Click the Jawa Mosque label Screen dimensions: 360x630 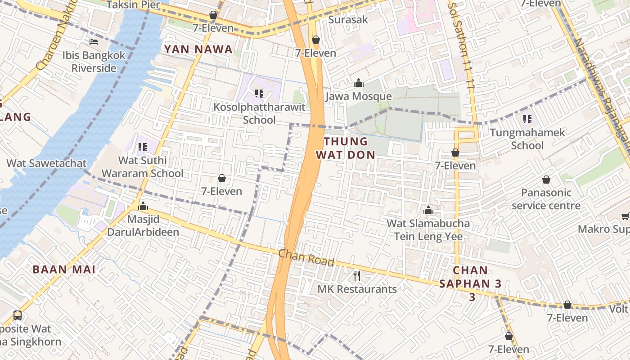pyautogui.click(x=358, y=96)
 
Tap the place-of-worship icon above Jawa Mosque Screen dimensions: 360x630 pyautogui.click(x=358, y=83)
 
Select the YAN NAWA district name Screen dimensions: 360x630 pyautogui.click(x=198, y=49)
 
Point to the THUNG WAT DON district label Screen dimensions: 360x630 pyautogui.click(x=345, y=148)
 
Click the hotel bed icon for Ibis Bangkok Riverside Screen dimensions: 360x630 pyautogui.click(x=94, y=42)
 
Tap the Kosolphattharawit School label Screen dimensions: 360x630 pyautogui.click(x=259, y=113)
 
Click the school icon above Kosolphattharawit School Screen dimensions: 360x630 pyautogui.click(x=259, y=94)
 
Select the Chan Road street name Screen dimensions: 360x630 pyautogui.click(x=306, y=258)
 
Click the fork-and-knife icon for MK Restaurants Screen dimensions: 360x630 pyautogui.click(x=357, y=275)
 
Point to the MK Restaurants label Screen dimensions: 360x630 pyautogui.click(x=357, y=289)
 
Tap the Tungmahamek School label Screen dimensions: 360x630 pyautogui.click(x=527, y=139)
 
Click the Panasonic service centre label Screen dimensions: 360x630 pyautogui.click(x=546, y=199)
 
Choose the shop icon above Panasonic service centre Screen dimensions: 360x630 pyautogui.click(x=546, y=180)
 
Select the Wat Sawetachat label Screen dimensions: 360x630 pyautogui.click(x=46, y=163)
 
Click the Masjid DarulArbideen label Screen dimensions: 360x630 pyautogui.click(x=143, y=226)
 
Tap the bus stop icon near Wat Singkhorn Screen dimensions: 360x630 pyautogui.click(x=18, y=315)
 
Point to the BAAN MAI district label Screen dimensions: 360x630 pyautogui.click(x=64, y=270)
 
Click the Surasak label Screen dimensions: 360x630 pyautogui.click(x=348, y=19)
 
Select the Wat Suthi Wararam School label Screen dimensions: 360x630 pyautogui.click(x=142, y=166)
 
